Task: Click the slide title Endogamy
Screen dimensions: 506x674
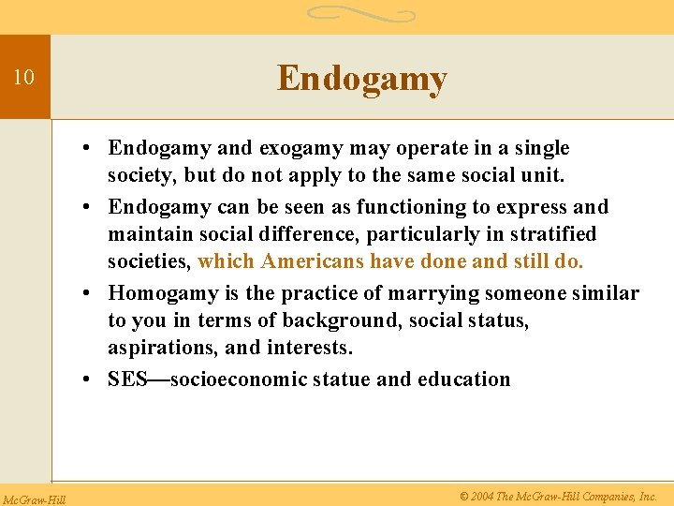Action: click(x=361, y=79)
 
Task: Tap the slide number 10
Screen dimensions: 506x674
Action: click(x=23, y=78)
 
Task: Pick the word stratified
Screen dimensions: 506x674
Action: click(x=549, y=233)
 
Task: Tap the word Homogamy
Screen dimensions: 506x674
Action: click(x=163, y=293)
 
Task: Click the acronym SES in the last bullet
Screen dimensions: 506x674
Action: click(x=126, y=379)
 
